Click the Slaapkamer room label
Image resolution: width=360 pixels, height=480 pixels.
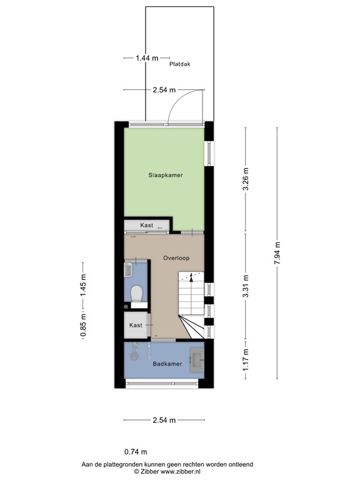pos(166,176)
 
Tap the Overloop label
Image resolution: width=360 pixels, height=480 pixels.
pos(176,257)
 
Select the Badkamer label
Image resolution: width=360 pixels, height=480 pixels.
pos(167,364)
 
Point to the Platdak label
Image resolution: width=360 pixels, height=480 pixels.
pos(179,64)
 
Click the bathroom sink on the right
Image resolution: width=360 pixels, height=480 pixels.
pos(197,358)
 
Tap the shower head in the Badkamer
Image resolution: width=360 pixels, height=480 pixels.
pos(133,355)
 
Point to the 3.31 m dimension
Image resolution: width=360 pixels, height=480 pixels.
pos(246,286)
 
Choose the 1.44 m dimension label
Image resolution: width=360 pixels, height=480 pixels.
pos(147,58)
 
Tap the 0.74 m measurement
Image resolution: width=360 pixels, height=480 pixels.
pos(136,452)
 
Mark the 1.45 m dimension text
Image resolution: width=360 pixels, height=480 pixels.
pos(83,286)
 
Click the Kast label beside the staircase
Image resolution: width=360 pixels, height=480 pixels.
pos(136,326)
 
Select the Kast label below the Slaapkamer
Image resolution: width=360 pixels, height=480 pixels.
pos(146,226)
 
